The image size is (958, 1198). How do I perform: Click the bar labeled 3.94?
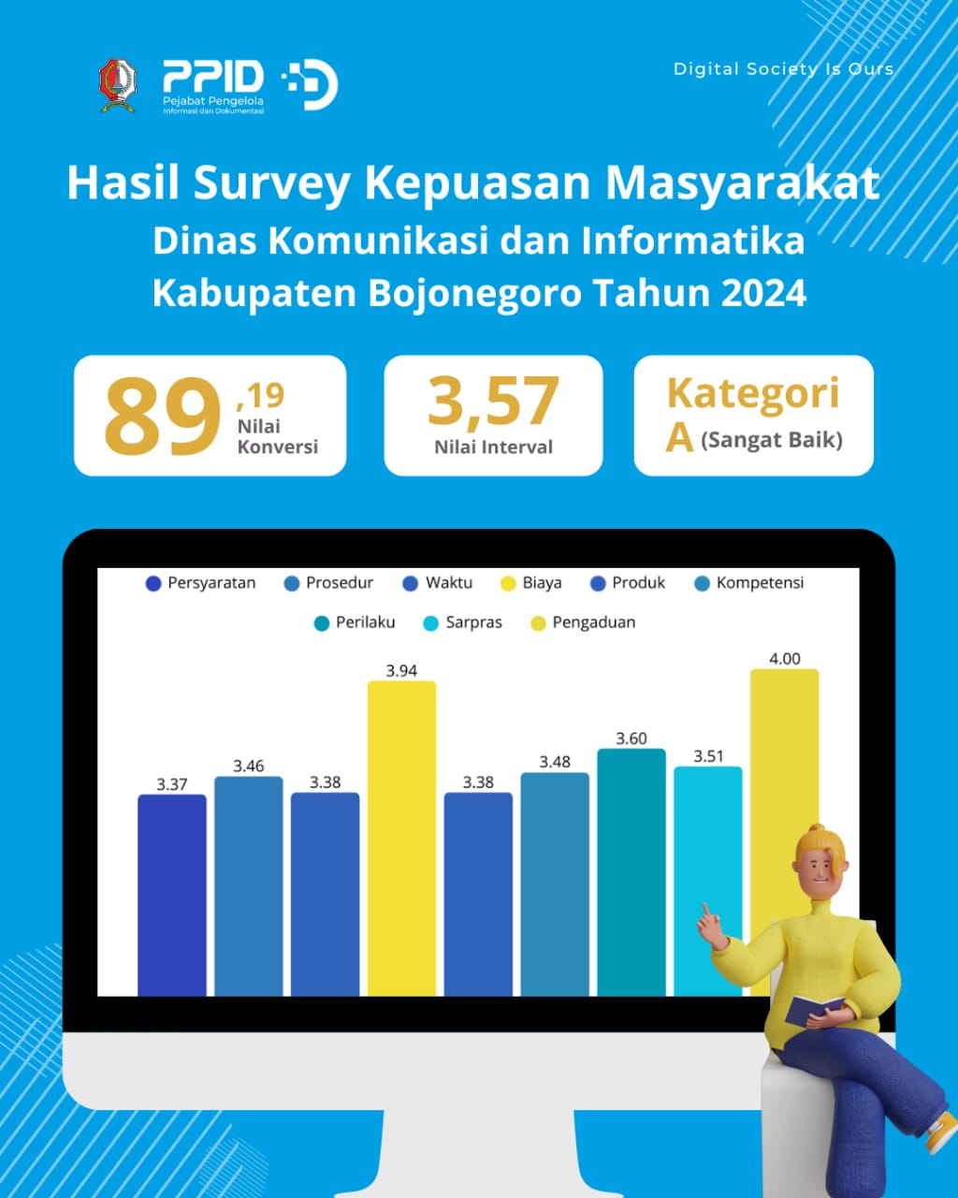(x=401, y=839)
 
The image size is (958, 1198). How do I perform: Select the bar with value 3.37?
(x=172, y=895)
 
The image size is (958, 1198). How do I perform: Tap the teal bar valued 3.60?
(x=631, y=872)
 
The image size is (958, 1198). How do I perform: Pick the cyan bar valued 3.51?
(x=707, y=882)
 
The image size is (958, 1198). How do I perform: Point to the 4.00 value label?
(x=785, y=659)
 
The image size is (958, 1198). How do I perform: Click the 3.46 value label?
(x=248, y=766)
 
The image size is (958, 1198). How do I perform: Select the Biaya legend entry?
(x=531, y=583)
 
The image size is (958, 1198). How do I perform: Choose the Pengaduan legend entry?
(x=583, y=622)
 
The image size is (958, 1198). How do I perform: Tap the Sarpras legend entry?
(x=462, y=622)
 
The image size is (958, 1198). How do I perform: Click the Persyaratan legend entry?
(x=200, y=583)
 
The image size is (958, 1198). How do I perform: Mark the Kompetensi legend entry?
(x=749, y=583)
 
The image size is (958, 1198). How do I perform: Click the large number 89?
(x=163, y=416)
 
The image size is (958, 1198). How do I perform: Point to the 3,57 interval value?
(x=493, y=400)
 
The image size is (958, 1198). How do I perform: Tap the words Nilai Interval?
(x=493, y=447)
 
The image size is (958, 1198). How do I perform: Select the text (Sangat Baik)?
(x=772, y=440)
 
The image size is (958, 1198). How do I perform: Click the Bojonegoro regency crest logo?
(x=118, y=86)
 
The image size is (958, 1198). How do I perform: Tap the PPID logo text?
(x=213, y=77)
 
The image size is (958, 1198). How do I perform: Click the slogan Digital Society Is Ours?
(x=784, y=69)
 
